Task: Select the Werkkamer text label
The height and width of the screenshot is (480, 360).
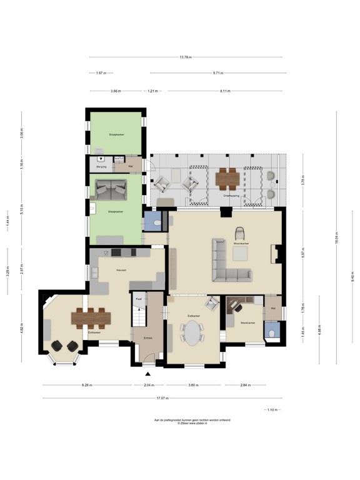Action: [247, 322]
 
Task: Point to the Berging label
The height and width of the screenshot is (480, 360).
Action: [102, 167]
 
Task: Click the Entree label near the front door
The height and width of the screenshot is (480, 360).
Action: [147, 337]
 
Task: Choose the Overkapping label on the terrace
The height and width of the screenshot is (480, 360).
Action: [232, 196]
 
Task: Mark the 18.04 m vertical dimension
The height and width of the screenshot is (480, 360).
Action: [336, 238]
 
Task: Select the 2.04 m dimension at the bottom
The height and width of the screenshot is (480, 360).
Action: [149, 386]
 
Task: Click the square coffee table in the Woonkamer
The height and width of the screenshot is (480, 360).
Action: [240, 252]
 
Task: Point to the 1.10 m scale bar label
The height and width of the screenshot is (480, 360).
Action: [273, 409]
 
